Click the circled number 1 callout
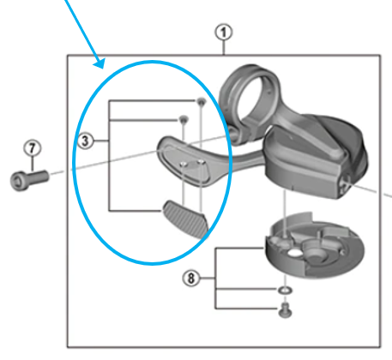click(225, 33)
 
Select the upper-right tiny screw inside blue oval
click(201, 102)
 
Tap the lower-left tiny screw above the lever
click(182, 118)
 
